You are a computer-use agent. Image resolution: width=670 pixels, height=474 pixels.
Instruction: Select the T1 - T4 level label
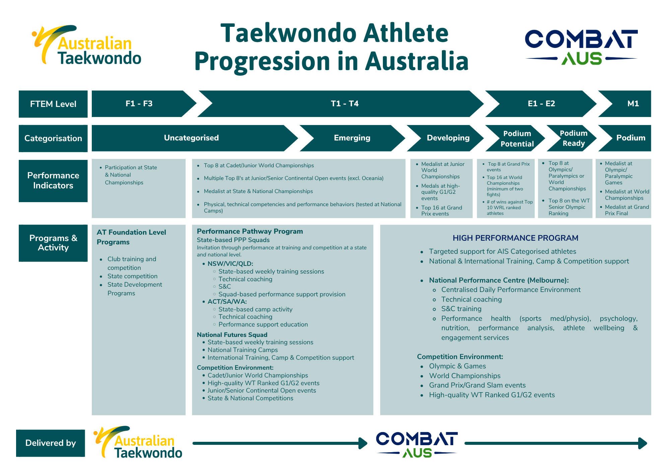345,104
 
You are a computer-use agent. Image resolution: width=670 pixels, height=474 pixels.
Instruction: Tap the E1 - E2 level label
541,104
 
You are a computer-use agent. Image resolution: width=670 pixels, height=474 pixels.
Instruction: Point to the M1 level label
633,104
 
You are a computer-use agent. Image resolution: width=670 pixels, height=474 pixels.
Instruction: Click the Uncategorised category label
191,138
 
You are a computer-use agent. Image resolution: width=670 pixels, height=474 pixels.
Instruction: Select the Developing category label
448,138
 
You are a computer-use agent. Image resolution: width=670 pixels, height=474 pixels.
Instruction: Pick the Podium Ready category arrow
572,138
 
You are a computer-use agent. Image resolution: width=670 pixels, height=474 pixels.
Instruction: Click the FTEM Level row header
53,104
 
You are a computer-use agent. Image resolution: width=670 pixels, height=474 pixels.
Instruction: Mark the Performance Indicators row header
53,181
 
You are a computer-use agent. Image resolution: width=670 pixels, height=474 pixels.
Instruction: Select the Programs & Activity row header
53,243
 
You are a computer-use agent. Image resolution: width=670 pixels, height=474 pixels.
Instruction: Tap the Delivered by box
51,443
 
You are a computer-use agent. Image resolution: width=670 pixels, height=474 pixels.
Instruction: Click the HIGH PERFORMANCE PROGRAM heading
515,238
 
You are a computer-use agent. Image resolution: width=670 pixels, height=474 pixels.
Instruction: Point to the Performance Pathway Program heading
250,231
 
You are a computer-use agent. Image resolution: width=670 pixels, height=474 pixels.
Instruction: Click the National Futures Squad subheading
232,335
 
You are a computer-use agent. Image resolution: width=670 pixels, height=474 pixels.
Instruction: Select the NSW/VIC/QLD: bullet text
230,264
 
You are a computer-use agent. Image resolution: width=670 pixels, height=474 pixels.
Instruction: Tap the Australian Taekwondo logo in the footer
138,442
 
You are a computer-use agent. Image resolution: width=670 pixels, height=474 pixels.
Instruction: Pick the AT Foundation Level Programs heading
131,237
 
